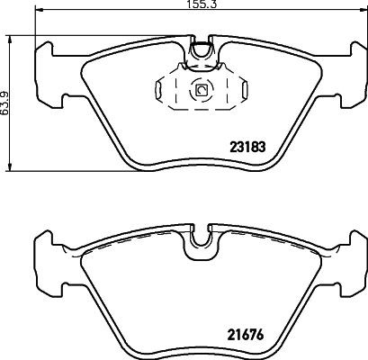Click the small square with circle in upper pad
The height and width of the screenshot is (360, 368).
pyautogui.click(x=201, y=89)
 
